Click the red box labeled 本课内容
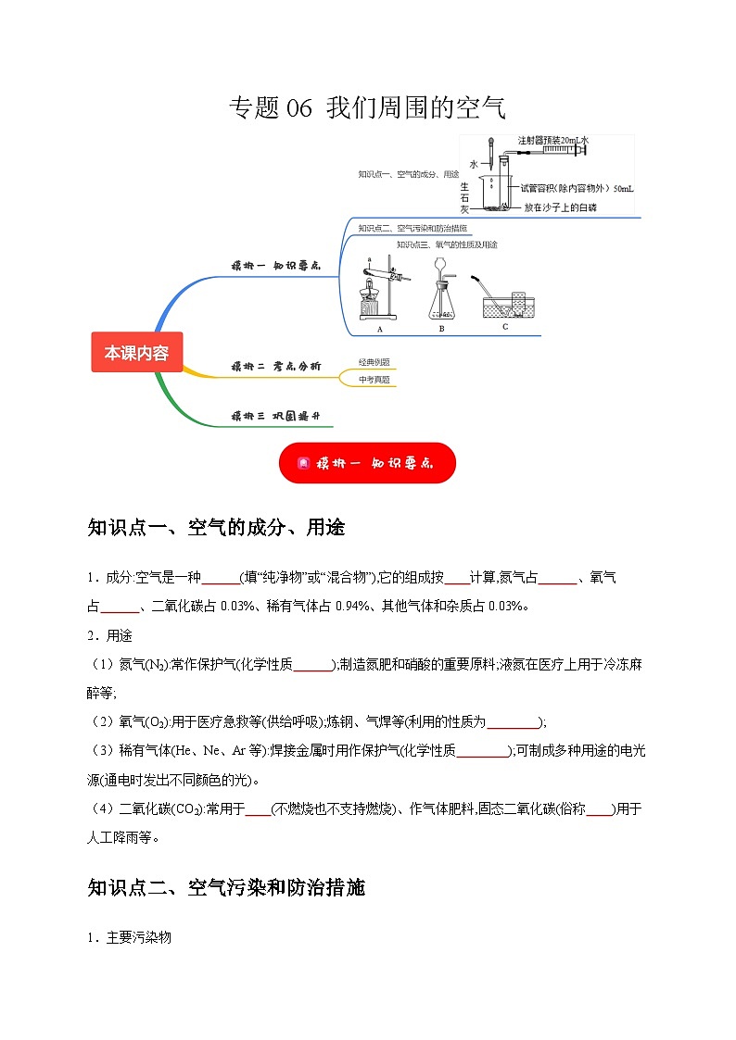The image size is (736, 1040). point(137,353)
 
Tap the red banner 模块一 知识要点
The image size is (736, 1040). point(367,462)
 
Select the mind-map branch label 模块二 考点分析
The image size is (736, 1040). point(276,368)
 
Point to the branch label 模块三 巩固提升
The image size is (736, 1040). point(276,416)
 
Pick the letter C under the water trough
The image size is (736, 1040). point(505,326)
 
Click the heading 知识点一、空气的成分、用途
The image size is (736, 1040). point(216,528)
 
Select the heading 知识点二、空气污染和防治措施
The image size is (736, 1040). point(226,888)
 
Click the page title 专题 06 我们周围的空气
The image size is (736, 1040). point(367,107)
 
